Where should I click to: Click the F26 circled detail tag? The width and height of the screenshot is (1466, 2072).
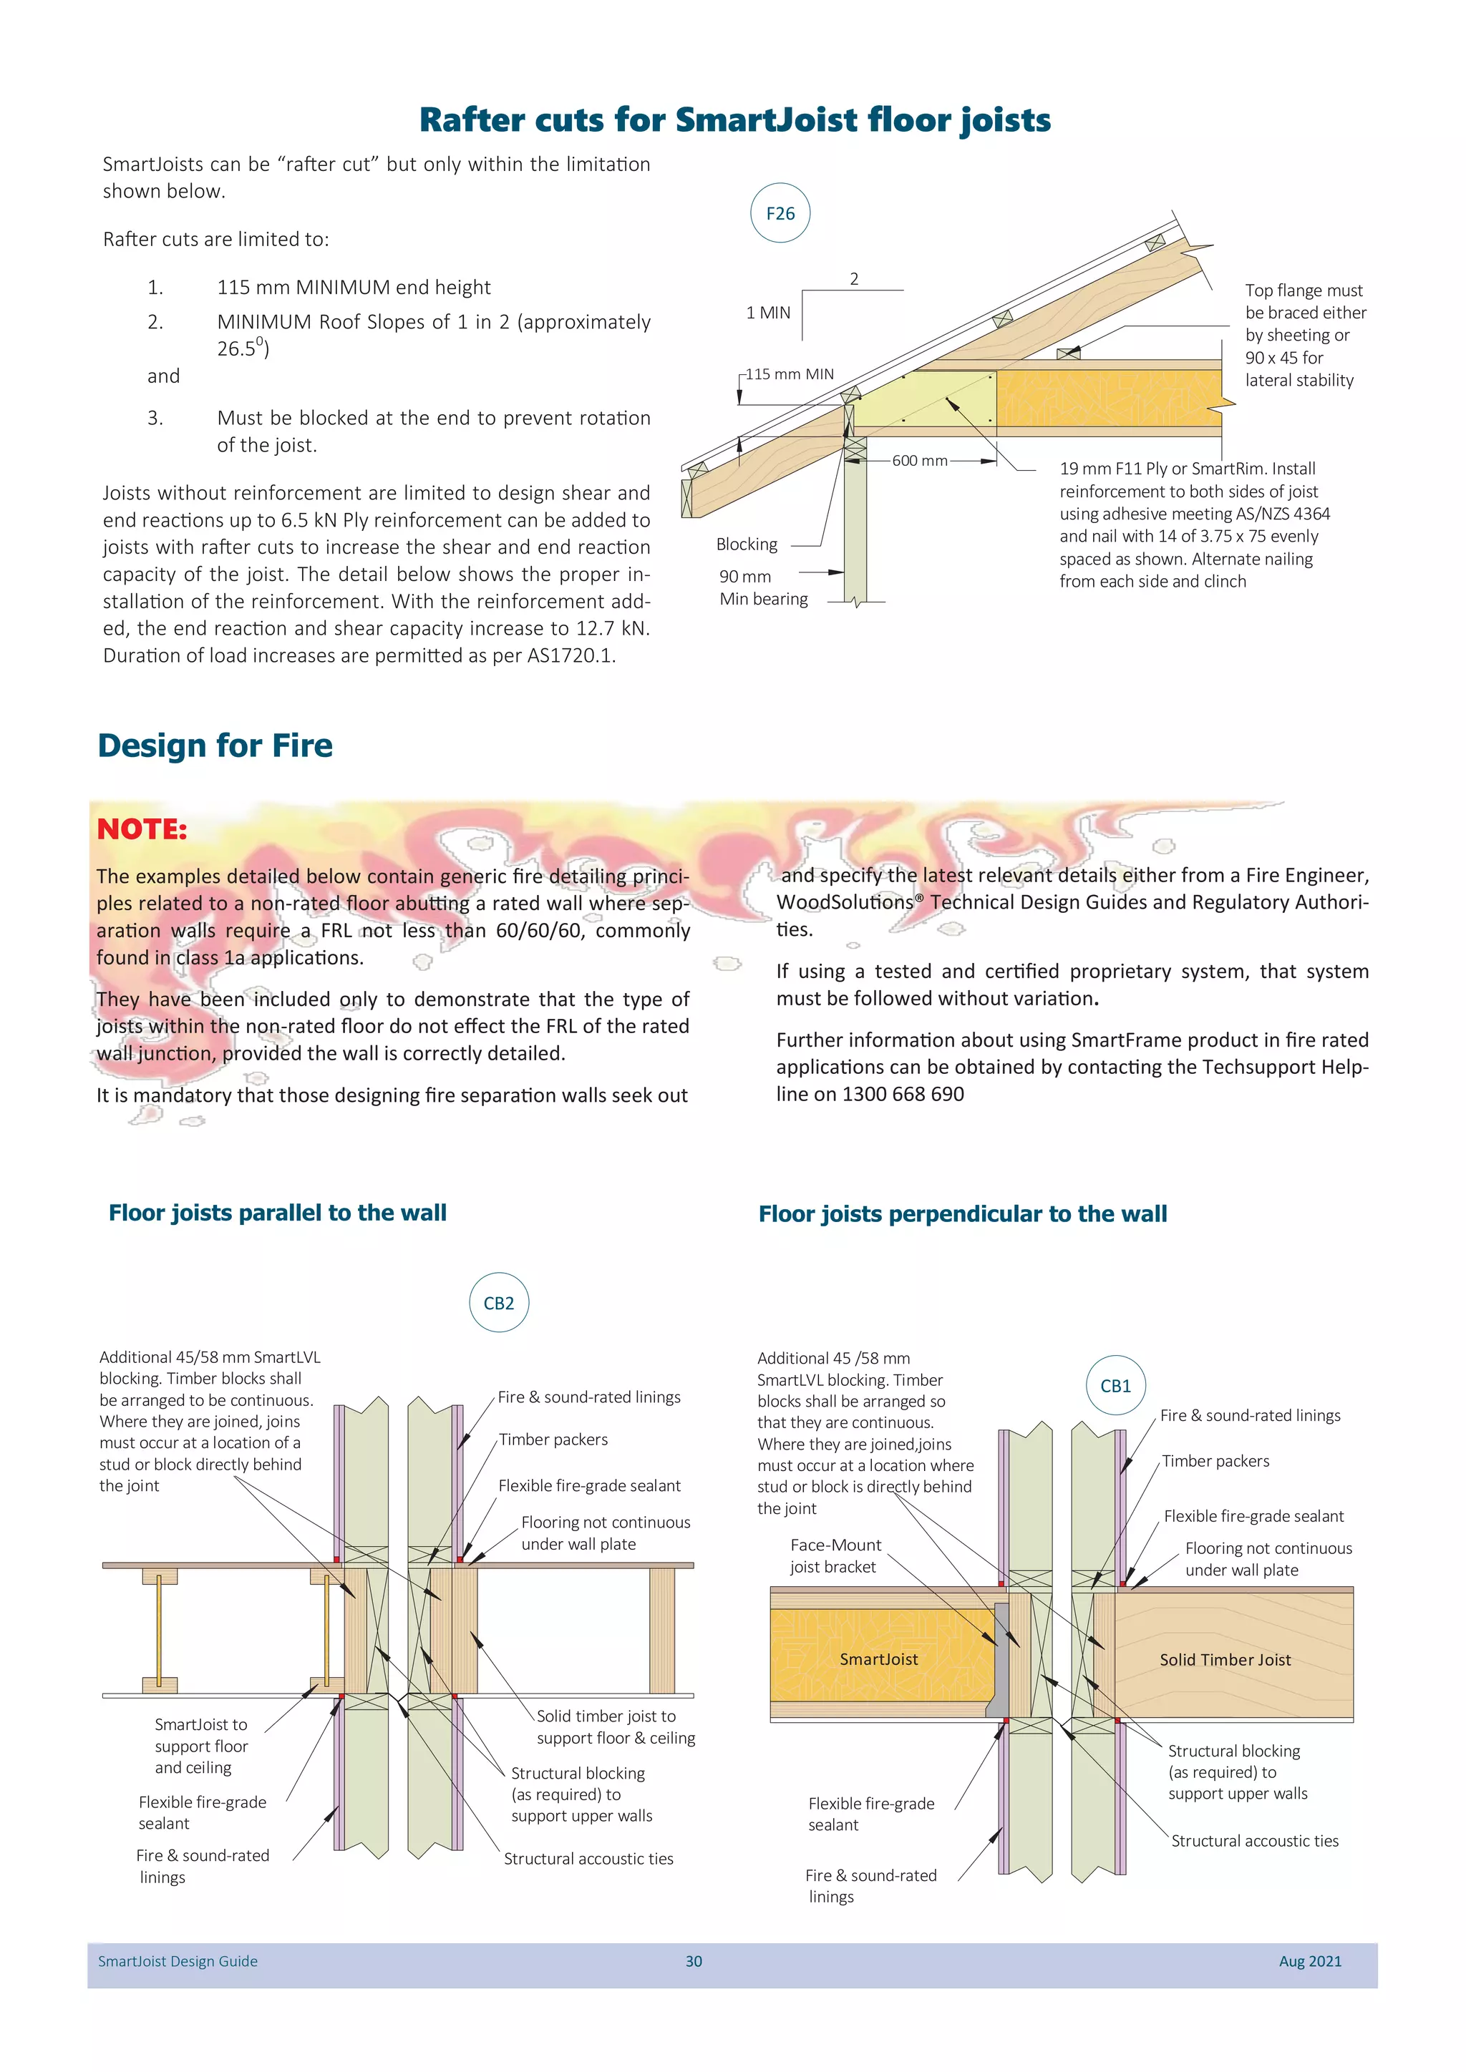tap(780, 214)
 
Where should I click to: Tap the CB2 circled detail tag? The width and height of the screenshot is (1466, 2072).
tap(498, 1303)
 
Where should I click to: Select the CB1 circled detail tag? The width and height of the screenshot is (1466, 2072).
tap(1115, 1386)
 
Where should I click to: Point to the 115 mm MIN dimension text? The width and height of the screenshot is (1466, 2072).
tap(790, 374)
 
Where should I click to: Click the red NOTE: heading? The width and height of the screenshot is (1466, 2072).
tap(142, 829)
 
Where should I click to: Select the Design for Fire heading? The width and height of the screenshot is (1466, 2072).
tap(215, 746)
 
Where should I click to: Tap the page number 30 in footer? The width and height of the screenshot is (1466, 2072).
tap(694, 1961)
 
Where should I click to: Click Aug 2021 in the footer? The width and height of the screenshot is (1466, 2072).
tap(1309, 1961)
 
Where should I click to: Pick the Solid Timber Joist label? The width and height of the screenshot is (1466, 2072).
tap(1225, 1660)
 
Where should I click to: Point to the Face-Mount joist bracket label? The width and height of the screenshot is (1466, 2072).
tap(835, 1556)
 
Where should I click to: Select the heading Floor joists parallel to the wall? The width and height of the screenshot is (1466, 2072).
tap(277, 1213)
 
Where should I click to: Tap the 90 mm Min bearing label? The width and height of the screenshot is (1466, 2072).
tap(763, 587)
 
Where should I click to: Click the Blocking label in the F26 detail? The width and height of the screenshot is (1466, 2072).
tap(747, 544)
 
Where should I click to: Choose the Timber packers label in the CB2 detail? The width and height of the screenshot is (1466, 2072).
tap(553, 1440)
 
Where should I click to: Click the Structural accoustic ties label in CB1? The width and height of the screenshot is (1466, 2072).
tap(1255, 1841)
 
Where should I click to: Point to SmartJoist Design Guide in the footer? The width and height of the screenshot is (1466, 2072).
tap(178, 1961)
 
